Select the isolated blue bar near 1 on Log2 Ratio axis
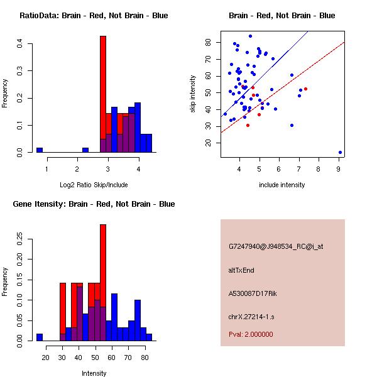coord(39,150)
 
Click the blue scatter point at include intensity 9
coord(340,152)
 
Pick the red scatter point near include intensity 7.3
coord(305,89)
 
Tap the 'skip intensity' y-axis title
coord(194,94)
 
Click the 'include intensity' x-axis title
coord(282,185)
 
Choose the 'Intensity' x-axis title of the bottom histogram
coord(94,373)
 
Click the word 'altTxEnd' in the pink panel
coord(241,270)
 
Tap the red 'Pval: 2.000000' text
coord(251,334)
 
